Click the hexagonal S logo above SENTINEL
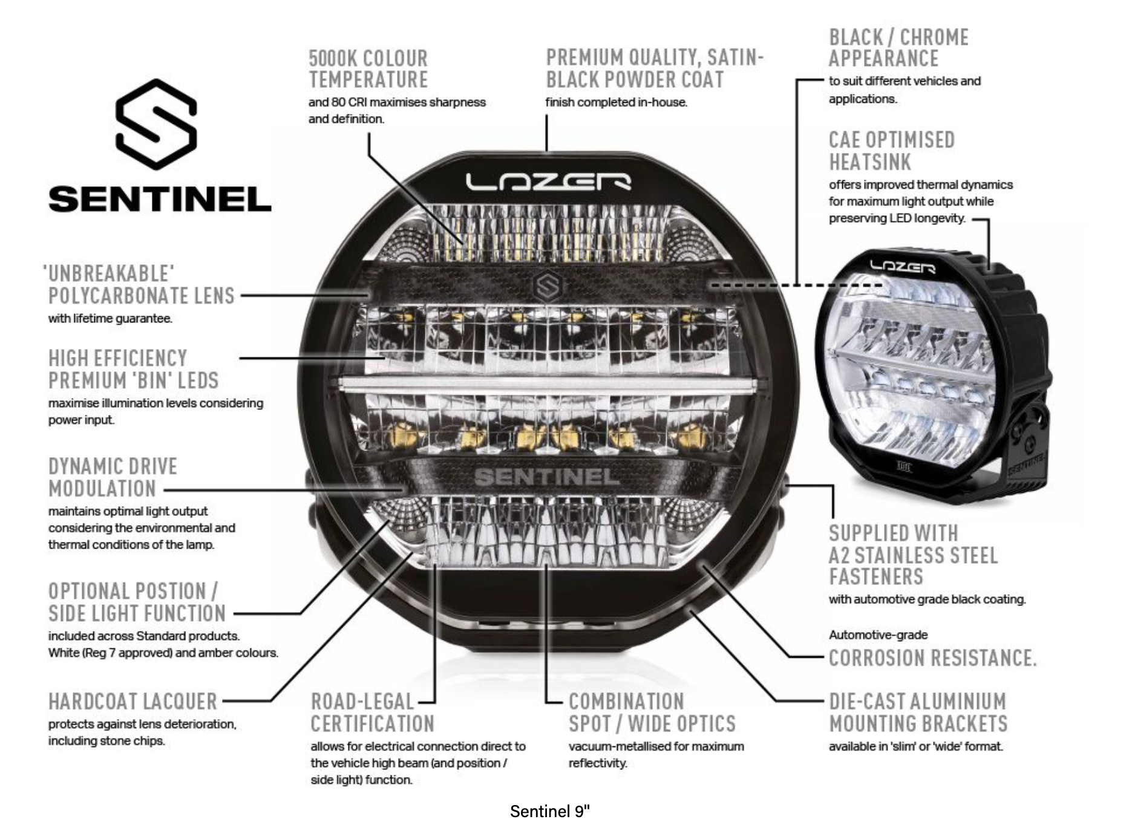[x=156, y=124]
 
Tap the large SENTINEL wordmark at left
[x=160, y=199]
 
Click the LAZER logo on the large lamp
[x=548, y=181]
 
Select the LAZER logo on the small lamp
[x=902, y=266]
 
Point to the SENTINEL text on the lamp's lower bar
[x=547, y=477]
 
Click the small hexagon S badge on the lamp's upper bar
[x=548, y=286]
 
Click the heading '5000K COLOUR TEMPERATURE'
[x=368, y=69]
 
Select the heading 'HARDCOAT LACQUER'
[x=133, y=702]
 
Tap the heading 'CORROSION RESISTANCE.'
[x=932, y=658]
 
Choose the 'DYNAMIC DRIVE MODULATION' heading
[x=113, y=477]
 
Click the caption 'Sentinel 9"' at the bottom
[x=549, y=811]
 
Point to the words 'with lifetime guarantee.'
[x=110, y=318]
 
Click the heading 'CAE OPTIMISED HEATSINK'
[x=891, y=151]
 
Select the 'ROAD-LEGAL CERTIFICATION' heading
[x=372, y=712]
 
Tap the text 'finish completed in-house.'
[x=616, y=102]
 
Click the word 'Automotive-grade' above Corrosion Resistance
[x=878, y=635]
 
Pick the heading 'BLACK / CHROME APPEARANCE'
[x=898, y=48]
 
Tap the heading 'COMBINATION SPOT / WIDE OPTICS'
[x=652, y=712]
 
